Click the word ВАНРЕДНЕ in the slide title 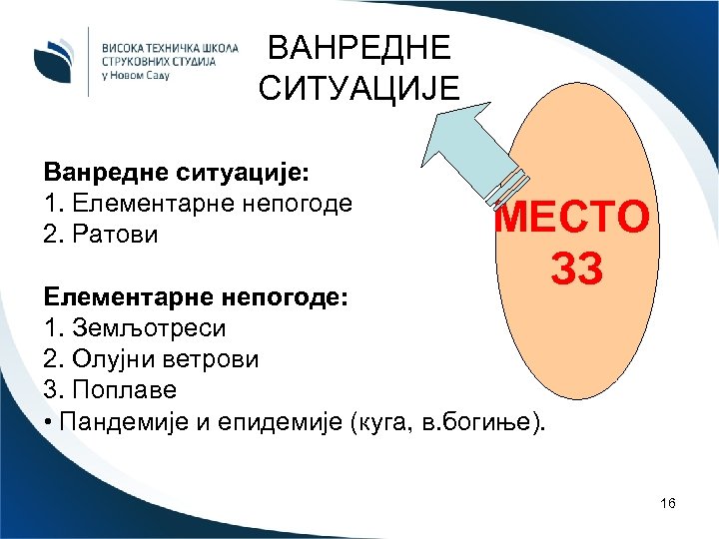point(359,48)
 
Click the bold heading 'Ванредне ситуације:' point(177,172)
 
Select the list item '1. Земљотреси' point(135,327)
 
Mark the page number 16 point(668,504)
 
